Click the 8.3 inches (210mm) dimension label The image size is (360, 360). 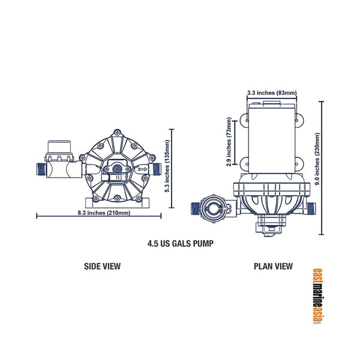pos(100,214)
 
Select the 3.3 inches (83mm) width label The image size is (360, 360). pos(272,93)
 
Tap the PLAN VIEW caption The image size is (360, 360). pos(273,266)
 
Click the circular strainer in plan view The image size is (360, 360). pos(214,209)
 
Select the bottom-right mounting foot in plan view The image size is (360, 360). pos(298,161)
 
